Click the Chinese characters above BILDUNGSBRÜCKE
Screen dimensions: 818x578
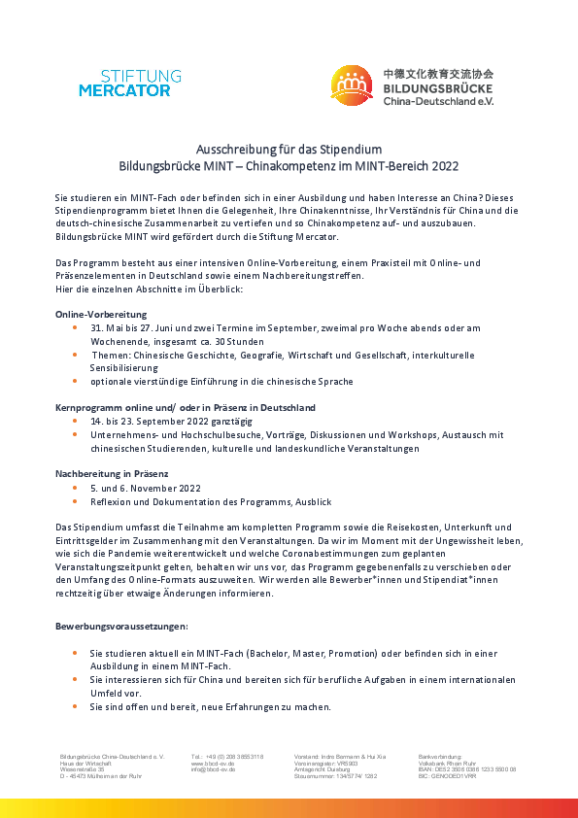pos(438,73)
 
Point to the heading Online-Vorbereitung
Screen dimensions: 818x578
pos(101,315)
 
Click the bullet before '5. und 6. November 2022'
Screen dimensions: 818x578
pos(76,488)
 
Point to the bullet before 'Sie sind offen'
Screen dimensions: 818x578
pos(76,706)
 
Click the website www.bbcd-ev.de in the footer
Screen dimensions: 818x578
pos(213,764)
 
